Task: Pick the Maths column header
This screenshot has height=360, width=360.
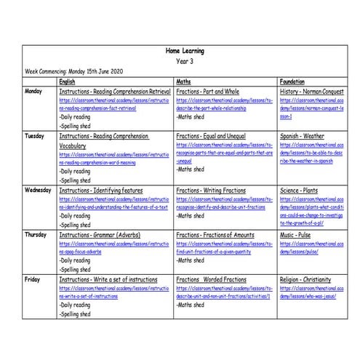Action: click(184, 81)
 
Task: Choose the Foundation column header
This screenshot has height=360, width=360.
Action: click(292, 81)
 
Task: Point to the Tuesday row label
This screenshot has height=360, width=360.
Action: click(35, 136)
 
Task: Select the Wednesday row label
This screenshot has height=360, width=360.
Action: click(39, 190)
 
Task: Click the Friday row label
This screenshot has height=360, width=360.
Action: click(32, 279)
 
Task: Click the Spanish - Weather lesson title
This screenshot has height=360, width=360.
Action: click(304, 136)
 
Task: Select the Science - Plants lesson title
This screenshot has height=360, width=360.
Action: click(302, 190)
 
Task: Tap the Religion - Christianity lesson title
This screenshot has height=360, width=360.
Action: click(311, 279)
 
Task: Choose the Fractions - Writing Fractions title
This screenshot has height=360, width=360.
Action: click(215, 190)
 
